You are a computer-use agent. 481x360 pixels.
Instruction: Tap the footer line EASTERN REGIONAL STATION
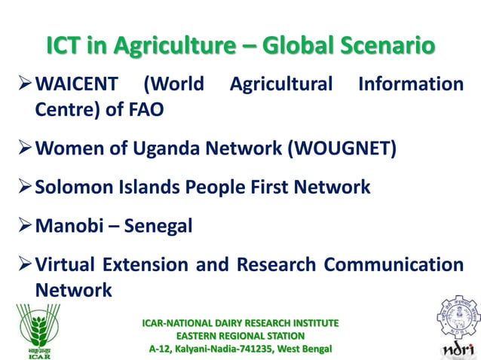coord(240,335)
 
